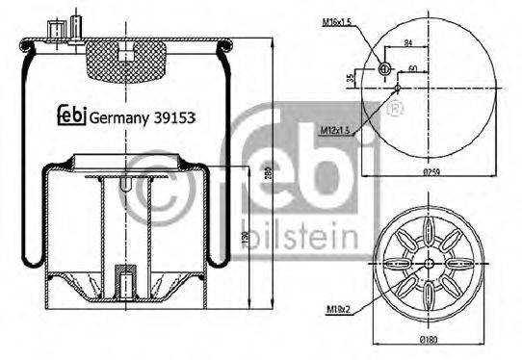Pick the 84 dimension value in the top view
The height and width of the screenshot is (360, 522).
[408, 42]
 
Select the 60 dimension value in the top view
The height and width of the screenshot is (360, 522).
[412, 68]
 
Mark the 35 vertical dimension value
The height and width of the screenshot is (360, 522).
[349, 77]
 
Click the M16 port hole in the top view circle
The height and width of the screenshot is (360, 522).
[383, 68]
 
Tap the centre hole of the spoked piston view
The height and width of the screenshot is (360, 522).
[426, 264]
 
